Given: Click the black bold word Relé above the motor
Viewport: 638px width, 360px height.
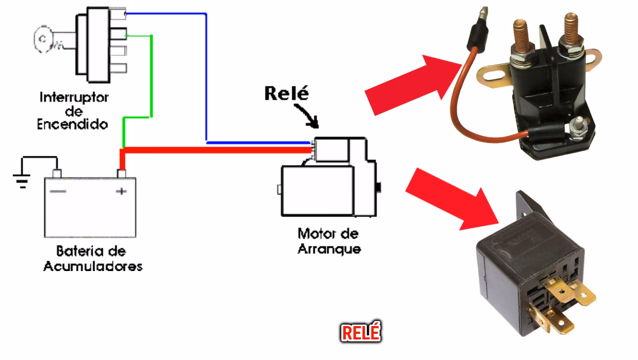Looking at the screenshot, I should [x=287, y=94].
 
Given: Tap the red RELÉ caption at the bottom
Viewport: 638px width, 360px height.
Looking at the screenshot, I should [x=361, y=333].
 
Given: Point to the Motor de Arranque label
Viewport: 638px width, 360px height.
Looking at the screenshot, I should [x=328, y=241].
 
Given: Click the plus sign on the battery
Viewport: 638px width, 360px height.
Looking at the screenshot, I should [x=121, y=191].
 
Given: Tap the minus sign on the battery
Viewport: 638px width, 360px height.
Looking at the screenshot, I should [x=58, y=191].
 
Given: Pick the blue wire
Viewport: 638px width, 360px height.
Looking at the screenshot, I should [x=206, y=77].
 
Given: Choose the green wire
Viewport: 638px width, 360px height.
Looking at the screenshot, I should [x=151, y=77].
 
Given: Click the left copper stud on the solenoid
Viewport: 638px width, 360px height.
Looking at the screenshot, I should [x=520, y=33].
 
